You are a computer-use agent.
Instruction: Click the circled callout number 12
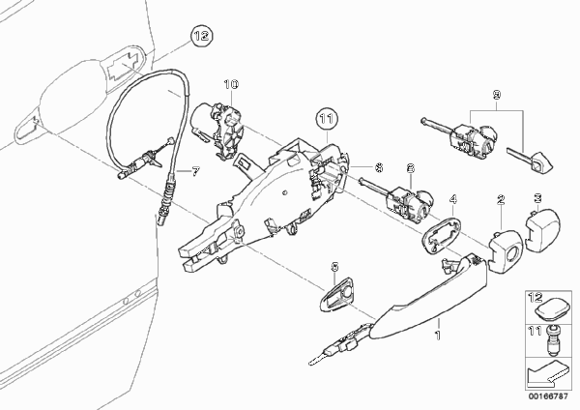pyautogui.click(x=202, y=37)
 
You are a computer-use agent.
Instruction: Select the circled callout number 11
pyautogui.click(x=327, y=119)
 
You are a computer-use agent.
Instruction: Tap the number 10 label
pyautogui.click(x=231, y=85)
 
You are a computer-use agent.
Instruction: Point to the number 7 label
pyautogui.click(x=195, y=171)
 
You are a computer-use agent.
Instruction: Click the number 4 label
pyautogui.click(x=453, y=200)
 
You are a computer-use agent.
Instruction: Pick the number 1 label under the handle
pyautogui.click(x=438, y=336)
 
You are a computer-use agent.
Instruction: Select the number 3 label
pyautogui.click(x=537, y=198)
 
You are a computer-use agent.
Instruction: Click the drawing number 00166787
pyautogui.click(x=548, y=396)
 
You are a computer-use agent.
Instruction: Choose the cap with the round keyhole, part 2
pyautogui.click(x=505, y=250)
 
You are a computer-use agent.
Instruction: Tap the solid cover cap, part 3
pyautogui.click(x=542, y=230)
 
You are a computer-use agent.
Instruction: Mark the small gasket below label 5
pyautogui.click(x=337, y=293)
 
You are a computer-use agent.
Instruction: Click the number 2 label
pyautogui.click(x=501, y=200)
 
